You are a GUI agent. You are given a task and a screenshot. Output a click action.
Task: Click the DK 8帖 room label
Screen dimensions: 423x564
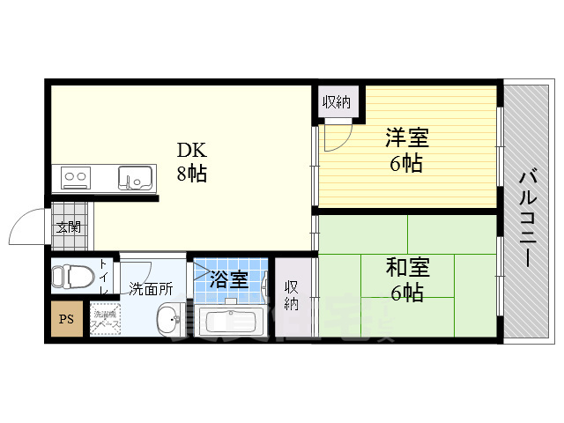click(x=191, y=160)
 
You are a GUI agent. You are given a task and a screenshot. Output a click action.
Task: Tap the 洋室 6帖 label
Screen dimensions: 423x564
click(x=406, y=150)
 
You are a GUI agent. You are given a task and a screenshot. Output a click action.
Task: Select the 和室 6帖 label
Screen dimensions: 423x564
click(x=406, y=278)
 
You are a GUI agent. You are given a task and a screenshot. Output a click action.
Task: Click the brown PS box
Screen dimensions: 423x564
click(x=66, y=320)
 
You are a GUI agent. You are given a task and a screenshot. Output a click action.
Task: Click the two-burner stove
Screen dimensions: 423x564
click(x=76, y=178)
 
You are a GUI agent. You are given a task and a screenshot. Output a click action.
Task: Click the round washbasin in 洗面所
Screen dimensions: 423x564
click(x=168, y=320)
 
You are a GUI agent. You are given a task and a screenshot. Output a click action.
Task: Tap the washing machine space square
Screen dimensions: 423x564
click(x=104, y=319)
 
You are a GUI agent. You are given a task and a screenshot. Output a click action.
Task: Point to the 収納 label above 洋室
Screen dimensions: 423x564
click(x=336, y=102)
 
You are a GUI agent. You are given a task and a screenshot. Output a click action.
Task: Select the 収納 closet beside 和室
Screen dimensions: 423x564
click(x=291, y=295)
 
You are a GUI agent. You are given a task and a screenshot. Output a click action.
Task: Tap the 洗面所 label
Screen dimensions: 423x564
click(x=151, y=288)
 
